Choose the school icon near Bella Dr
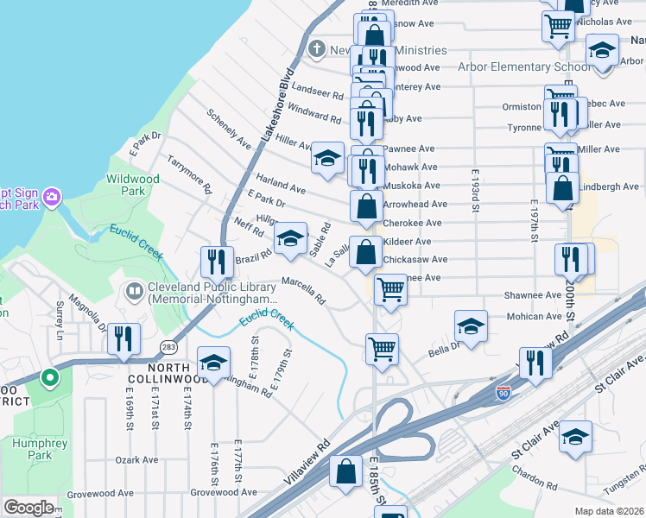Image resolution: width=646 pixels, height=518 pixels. click(470, 325)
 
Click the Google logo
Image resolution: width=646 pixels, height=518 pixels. click(28, 508)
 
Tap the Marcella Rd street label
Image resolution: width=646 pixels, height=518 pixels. click(303, 290)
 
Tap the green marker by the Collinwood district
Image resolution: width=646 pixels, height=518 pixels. click(50, 377)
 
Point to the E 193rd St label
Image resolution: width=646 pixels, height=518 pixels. click(475, 191)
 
